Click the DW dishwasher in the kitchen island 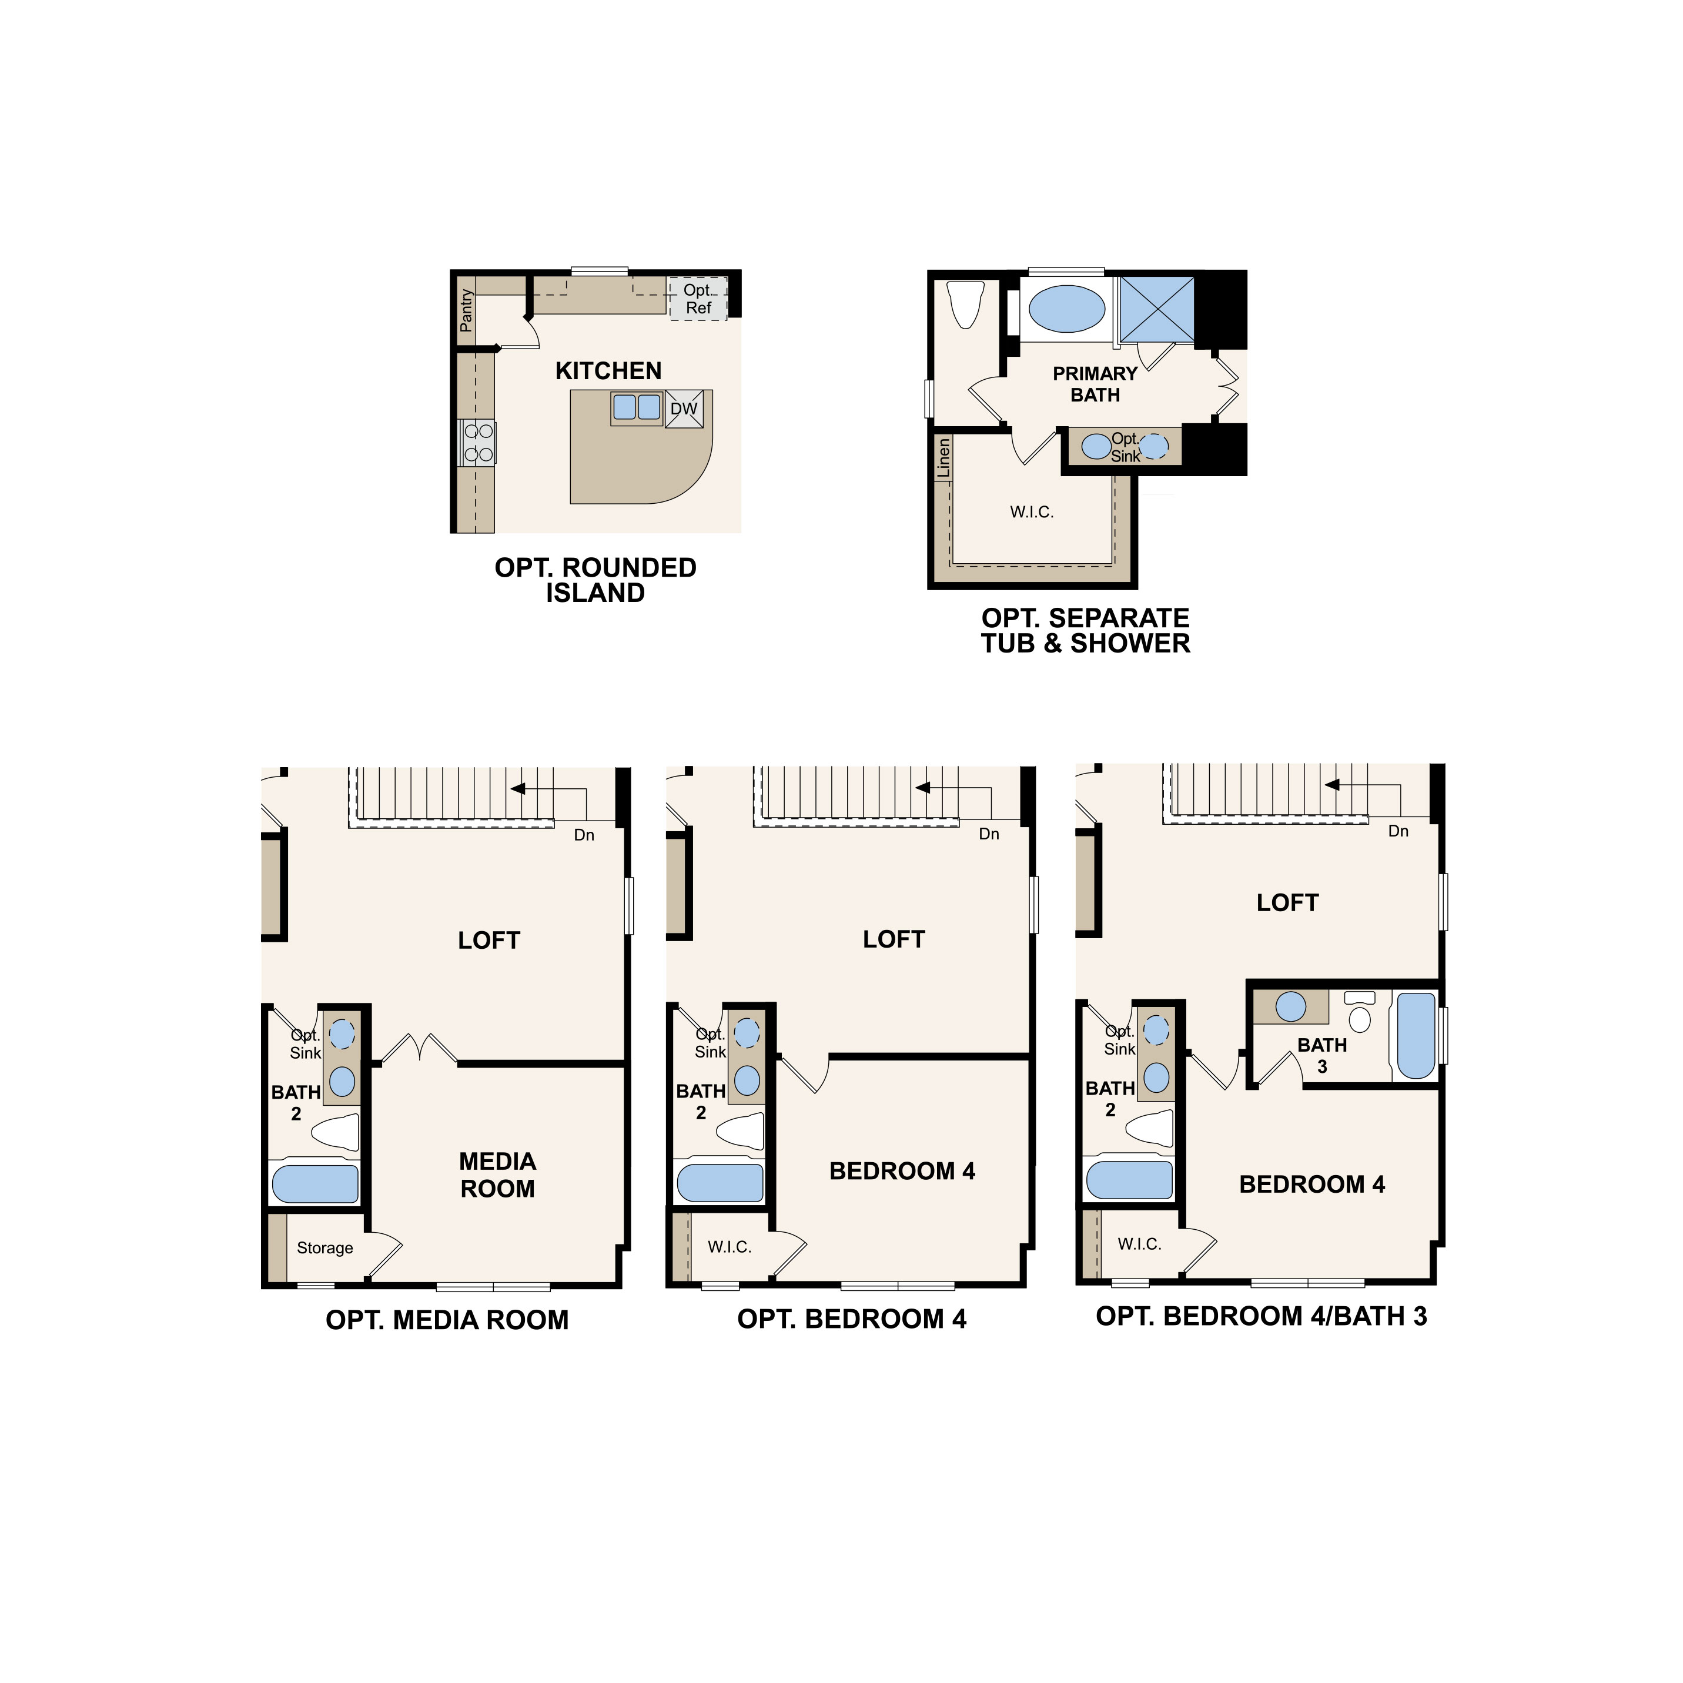coord(684,409)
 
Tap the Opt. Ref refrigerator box coord(698,299)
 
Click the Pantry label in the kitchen coord(466,311)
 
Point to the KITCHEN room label coord(608,371)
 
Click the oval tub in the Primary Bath coord(1066,309)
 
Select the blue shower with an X coord(1156,309)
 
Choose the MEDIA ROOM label coord(497,1175)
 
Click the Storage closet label coord(325,1247)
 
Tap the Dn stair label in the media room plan coord(584,835)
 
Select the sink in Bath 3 coord(1291,1007)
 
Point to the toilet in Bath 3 coord(1359,1013)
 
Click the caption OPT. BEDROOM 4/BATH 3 coord(1260,1316)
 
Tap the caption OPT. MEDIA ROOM coord(447,1320)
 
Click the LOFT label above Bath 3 coord(1287,902)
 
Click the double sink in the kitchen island coord(637,407)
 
